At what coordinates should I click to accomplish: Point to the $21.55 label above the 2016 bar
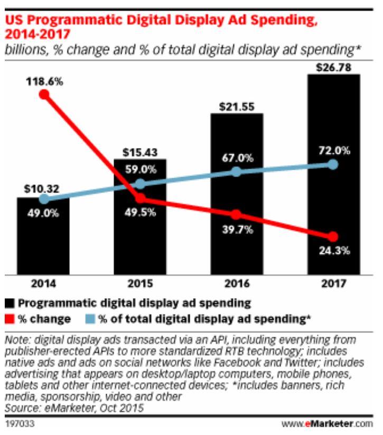237,107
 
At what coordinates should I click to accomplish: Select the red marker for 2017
333,236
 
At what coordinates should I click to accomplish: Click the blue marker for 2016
237,172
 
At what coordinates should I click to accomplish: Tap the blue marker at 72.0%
333,164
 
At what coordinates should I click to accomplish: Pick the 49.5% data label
140,214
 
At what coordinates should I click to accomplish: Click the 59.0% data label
140,171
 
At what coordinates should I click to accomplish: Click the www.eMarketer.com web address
334,423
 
